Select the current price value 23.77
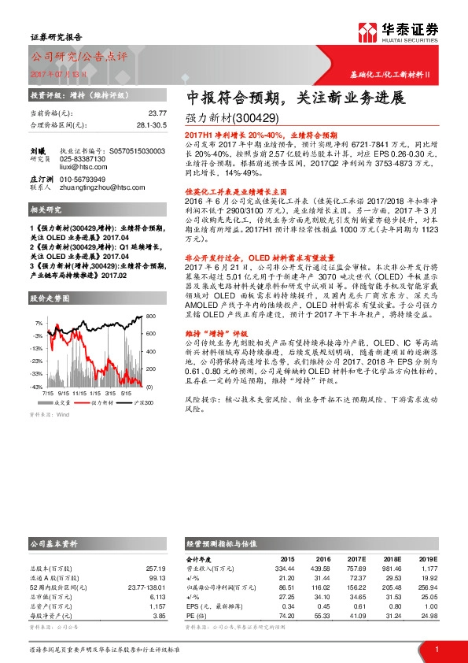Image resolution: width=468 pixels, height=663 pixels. coord(157,113)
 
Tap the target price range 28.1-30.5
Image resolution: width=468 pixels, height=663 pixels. coord(151,124)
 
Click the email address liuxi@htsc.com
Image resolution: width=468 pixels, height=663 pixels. coord(79,167)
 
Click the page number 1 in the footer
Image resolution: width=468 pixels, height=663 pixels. coord(437,649)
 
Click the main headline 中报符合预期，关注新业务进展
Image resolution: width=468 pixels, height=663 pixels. coord(295,99)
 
